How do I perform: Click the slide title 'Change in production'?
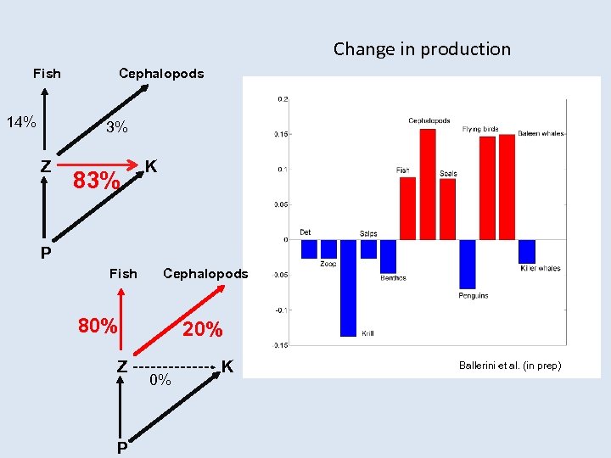[422, 49]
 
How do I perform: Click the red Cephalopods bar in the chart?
[428, 184]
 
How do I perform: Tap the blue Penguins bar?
[468, 264]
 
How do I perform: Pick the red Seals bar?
[447, 209]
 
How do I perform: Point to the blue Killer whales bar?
[527, 251]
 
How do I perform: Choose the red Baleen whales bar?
[507, 187]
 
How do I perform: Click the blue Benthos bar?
[388, 256]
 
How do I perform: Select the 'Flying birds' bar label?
[480, 130]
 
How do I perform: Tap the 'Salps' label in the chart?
[368, 233]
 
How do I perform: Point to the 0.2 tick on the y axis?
[283, 99]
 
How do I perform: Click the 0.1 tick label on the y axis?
[282, 170]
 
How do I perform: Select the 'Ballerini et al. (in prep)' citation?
[510, 366]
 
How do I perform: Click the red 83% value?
[96, 181]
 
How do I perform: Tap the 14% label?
[21, 122]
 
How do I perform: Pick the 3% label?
[116, 128]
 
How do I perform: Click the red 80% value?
[98, 326]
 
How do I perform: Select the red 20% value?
[203, 330]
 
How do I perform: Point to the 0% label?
[160, 381]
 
